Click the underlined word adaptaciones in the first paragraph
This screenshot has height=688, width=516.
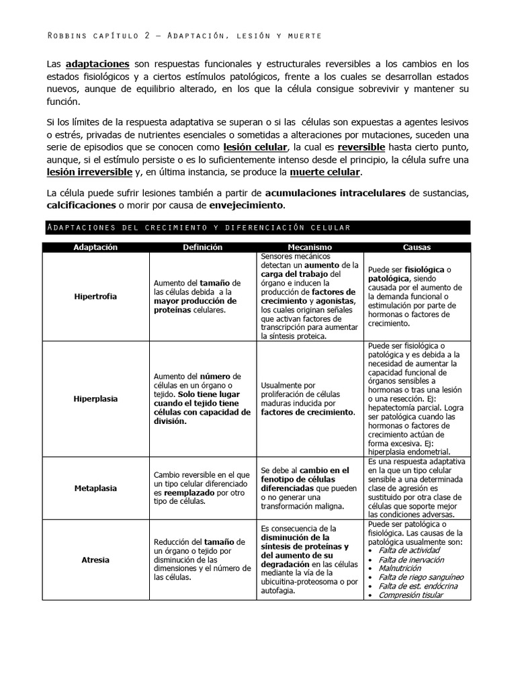(97, 64)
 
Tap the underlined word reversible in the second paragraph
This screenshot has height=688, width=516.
(361, 147)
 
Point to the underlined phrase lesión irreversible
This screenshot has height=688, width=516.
(90, 172)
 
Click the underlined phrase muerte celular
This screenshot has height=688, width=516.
(325, 172)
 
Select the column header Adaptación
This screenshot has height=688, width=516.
(95, 247)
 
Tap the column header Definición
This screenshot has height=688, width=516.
(203, 247)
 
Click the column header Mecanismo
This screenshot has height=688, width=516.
(310, 247)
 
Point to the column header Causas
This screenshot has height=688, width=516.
(417, 247)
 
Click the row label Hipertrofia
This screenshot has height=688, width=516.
(95, 296)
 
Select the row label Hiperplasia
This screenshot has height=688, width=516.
(95, 398)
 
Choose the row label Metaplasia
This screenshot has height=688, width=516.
(95, 488)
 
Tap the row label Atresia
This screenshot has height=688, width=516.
(95, 559)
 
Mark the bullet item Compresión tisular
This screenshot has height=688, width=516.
(411, 595)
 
